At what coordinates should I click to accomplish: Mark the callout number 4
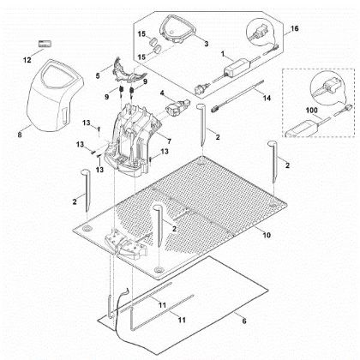162,92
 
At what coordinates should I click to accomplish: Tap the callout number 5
99,75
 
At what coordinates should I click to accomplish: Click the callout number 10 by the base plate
266,233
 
